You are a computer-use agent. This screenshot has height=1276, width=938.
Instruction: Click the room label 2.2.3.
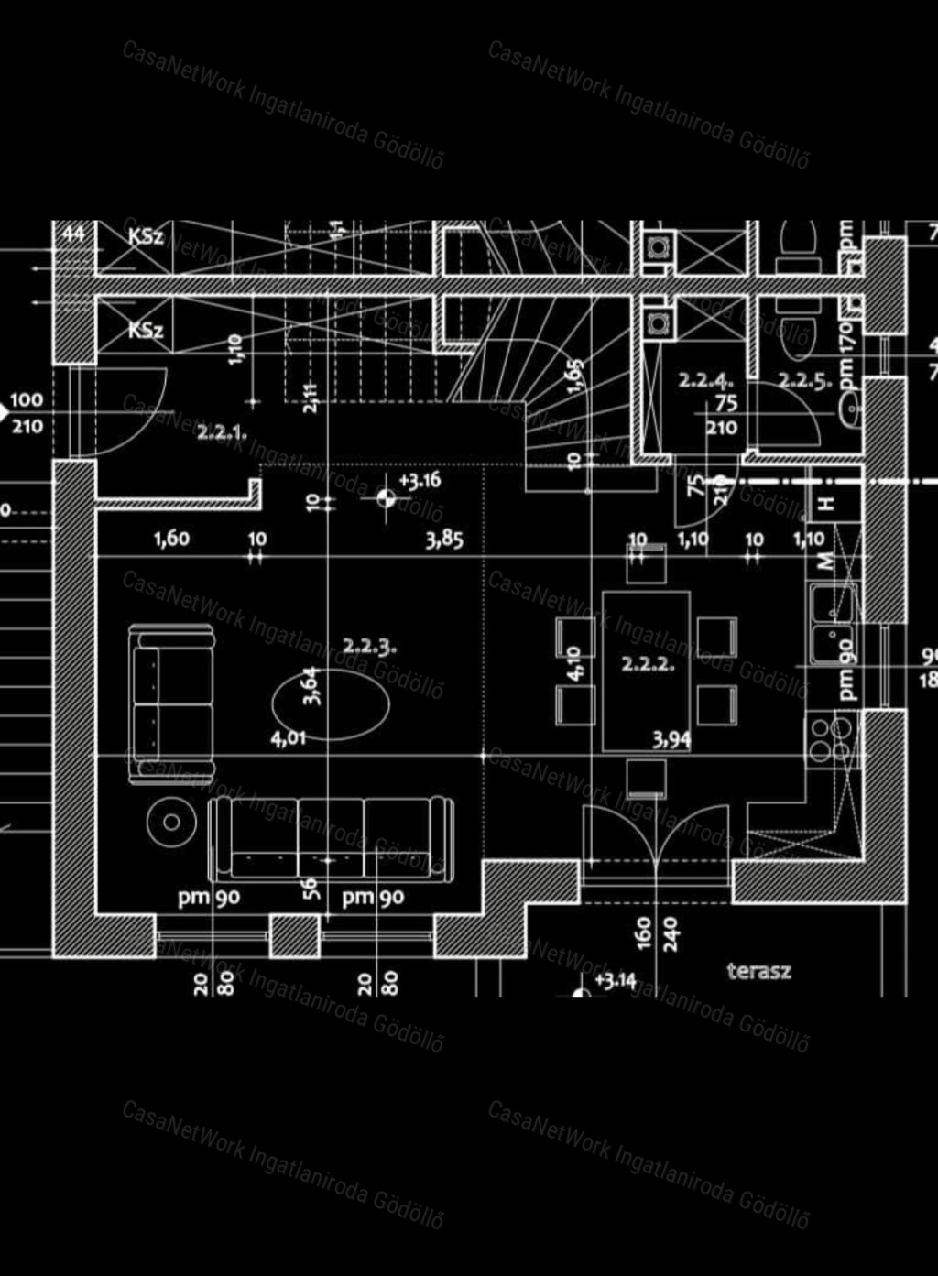coord(369,646)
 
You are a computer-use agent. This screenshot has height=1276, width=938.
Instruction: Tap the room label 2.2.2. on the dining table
coord(648,664)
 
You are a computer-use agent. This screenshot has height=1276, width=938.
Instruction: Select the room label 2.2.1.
coord(221,431)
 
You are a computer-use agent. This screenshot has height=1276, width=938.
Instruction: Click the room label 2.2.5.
coord(805,380)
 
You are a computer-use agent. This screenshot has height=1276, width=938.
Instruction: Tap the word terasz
coord(758,971)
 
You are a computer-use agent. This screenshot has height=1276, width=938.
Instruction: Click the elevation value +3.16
coord(420,481)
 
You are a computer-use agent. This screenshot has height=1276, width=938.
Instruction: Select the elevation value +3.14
coord(616,980)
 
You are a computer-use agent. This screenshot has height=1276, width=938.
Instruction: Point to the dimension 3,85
coord(444,540)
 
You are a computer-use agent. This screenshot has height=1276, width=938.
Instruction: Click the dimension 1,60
coord(171,539)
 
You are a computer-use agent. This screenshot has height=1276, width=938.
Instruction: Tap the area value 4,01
coord(289,737)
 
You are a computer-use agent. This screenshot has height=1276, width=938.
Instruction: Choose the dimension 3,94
coord(671,739)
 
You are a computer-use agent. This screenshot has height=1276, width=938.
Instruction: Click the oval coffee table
coord(331,703)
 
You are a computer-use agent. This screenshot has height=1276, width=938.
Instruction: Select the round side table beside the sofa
coord(170,822)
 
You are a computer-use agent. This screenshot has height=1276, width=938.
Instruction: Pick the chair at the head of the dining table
coord(646,562)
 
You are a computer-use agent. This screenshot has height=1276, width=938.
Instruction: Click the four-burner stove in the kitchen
coord(831,739)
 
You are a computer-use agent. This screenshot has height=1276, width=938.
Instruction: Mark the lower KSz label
coord(146,330)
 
